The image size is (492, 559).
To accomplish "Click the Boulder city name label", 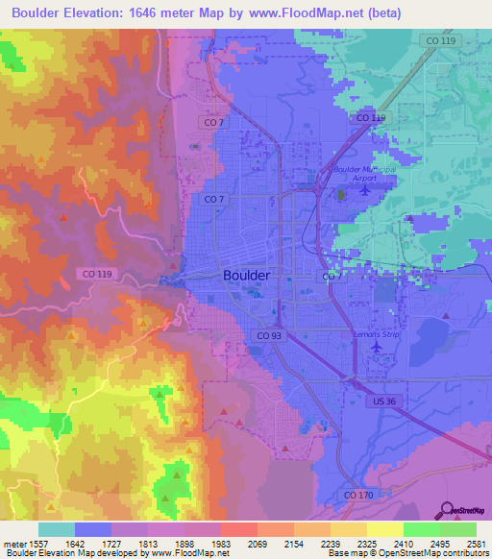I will coord(246,275).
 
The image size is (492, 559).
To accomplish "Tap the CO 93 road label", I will coord(269,334).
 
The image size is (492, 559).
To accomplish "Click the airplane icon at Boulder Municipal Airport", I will coord(363,189).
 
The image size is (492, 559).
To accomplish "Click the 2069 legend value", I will coord(258,544).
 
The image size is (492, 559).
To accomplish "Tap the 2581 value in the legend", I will coord(476,544).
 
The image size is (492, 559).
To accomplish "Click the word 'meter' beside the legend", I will coord(12,544).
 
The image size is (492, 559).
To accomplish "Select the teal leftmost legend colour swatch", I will coord(57,529).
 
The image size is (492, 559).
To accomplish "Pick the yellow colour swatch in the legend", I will coord(385,529).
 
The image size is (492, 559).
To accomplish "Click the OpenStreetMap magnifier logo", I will coord(445,508).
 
